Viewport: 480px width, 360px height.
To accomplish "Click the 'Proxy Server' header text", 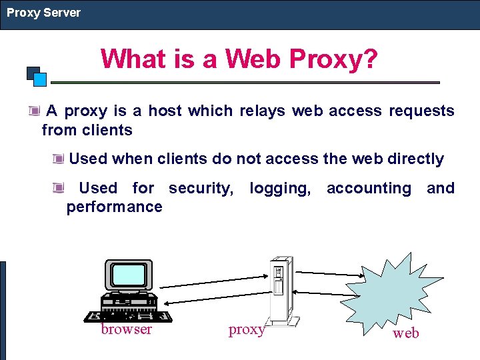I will click(x=44, y=13).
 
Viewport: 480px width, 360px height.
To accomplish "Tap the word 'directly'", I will click(x=412, y=159).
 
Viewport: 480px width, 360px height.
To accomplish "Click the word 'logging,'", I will click(x=280, y=189).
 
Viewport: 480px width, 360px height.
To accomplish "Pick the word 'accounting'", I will click(x=369, y=189).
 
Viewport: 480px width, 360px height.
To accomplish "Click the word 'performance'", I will click(x=114, y=207).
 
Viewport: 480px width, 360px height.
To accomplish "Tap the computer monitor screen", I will click(x=129, y=275).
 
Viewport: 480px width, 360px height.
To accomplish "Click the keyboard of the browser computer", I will click(x=127, y=315).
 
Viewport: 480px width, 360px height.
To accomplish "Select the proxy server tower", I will click(x=279, y=290).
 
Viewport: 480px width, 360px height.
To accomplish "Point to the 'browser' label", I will click(x=126, y=329).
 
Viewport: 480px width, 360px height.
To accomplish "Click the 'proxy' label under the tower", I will click(x=247, y=329).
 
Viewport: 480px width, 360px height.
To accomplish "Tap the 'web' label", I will click(x=406, y=333).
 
